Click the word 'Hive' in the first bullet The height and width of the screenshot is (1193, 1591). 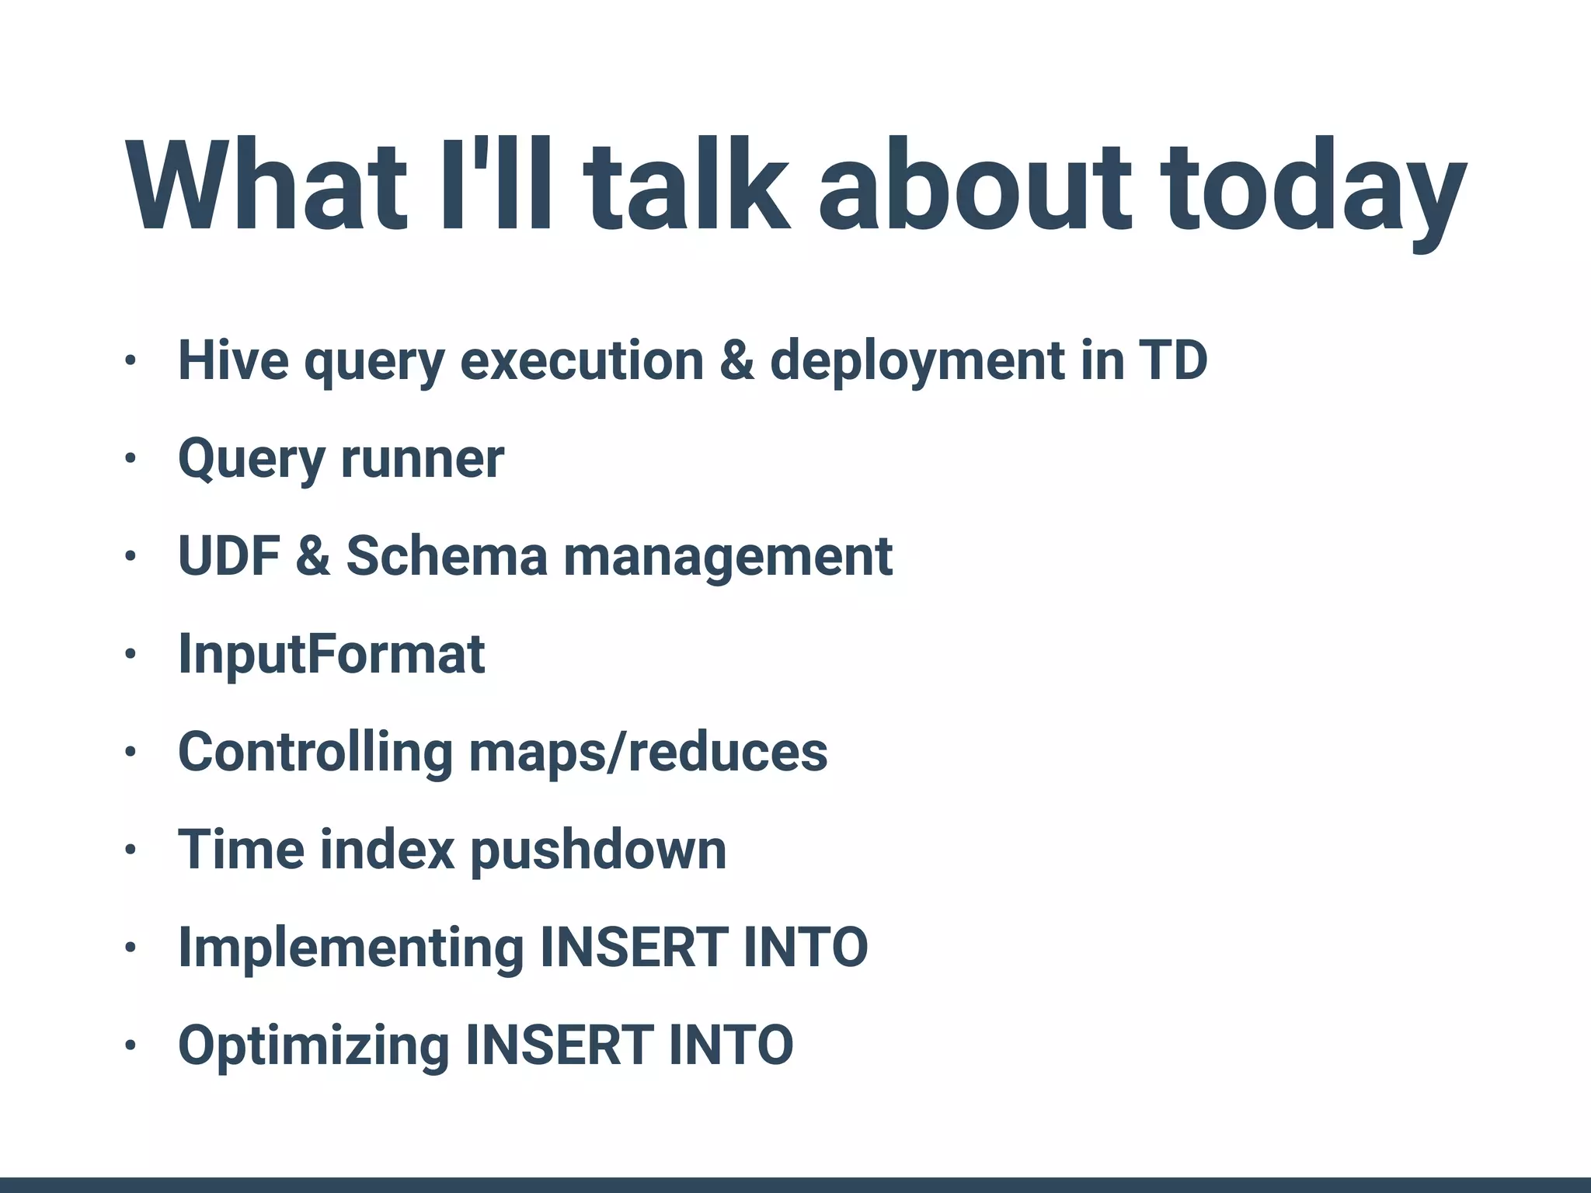[233, 361]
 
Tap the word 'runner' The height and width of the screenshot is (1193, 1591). [423, 459]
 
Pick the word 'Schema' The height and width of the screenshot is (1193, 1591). [447, 556]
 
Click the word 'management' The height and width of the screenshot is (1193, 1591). [728, 558]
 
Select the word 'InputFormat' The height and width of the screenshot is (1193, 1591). [332, 654]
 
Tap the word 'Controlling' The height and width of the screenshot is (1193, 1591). [315, 752]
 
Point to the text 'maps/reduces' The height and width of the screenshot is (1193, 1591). [649, 752]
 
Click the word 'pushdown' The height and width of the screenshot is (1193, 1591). [599, 850]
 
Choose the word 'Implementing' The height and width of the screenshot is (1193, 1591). [351, 948]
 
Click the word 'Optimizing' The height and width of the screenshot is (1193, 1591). [314, 1045]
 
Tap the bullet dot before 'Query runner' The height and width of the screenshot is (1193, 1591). [131, 459]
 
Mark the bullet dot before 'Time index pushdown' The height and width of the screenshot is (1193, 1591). [131, 850]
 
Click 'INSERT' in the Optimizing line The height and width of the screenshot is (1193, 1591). [558, 1045]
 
